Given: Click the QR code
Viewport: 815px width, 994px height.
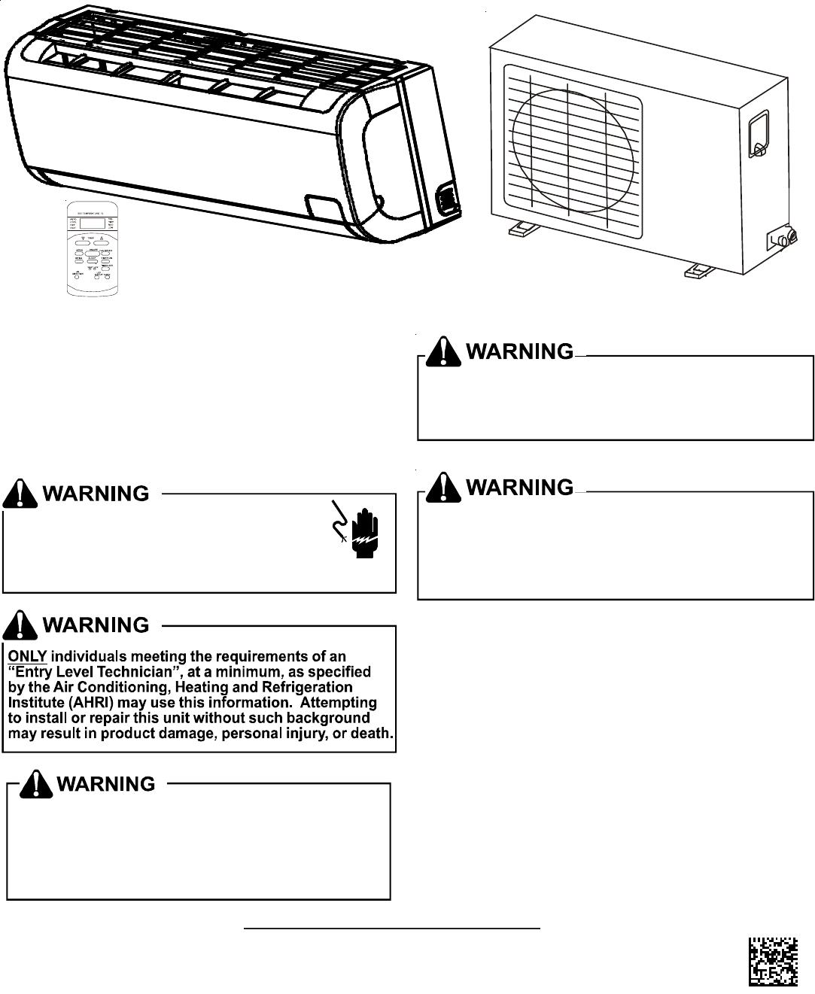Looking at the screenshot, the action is click(x=773, y=962).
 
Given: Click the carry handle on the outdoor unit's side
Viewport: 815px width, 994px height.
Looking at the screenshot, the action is click(x=759, y=134).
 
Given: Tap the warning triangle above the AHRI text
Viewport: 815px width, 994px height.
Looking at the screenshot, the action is click(x=20, y=625).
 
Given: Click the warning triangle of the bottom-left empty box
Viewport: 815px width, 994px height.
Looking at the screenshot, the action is click(x=36, y=784).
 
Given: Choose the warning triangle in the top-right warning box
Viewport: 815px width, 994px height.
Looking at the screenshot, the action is click(x=444, y=351).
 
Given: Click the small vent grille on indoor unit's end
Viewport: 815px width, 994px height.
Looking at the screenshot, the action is click(x=448, y=198).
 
